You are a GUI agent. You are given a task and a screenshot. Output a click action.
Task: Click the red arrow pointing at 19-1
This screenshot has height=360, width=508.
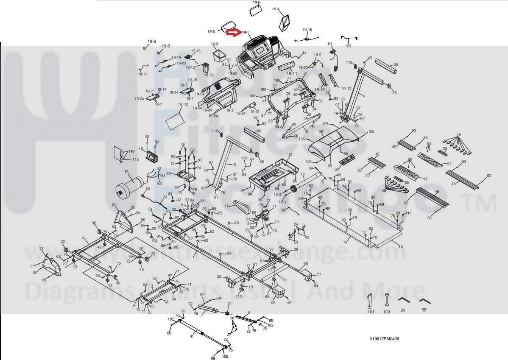click(x=233, y=32)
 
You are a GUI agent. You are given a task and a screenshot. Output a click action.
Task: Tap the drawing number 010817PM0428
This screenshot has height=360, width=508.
click(x=384, y=339)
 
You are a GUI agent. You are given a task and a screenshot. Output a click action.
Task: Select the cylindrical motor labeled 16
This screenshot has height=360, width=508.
click(x=129, y=187)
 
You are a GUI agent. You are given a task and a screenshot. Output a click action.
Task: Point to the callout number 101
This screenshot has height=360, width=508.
click(x=371, y=312)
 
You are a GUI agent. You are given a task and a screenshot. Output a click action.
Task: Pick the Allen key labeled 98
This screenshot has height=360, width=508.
click(x=424, y=301)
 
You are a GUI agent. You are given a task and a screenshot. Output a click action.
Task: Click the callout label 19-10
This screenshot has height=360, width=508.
click(x=183, y=104)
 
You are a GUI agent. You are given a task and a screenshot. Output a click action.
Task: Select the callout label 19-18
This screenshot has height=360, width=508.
click(x=307, y=30)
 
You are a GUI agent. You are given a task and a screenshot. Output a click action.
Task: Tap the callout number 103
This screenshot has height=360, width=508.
click(x=348, y=46)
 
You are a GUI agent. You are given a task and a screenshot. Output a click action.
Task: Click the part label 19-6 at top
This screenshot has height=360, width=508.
click(x=257, y=2)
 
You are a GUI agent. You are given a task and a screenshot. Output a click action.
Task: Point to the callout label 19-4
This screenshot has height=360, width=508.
click(x=276, y=9)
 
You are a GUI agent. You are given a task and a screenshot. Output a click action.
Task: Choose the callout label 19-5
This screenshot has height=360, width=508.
click(x=211, y=31)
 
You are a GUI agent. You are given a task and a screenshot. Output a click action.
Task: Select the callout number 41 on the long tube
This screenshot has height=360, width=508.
click(x=192, y=336)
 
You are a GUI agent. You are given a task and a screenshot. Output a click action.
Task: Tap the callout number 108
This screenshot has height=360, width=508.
click(x=225, y=357)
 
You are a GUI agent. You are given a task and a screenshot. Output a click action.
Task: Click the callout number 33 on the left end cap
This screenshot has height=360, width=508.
click(x=41, y=248)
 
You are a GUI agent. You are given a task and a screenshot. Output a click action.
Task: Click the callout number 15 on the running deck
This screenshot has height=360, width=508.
click(x=401, y=246)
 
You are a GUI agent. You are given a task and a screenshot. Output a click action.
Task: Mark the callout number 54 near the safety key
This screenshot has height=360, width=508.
click(x=329, y=44)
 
